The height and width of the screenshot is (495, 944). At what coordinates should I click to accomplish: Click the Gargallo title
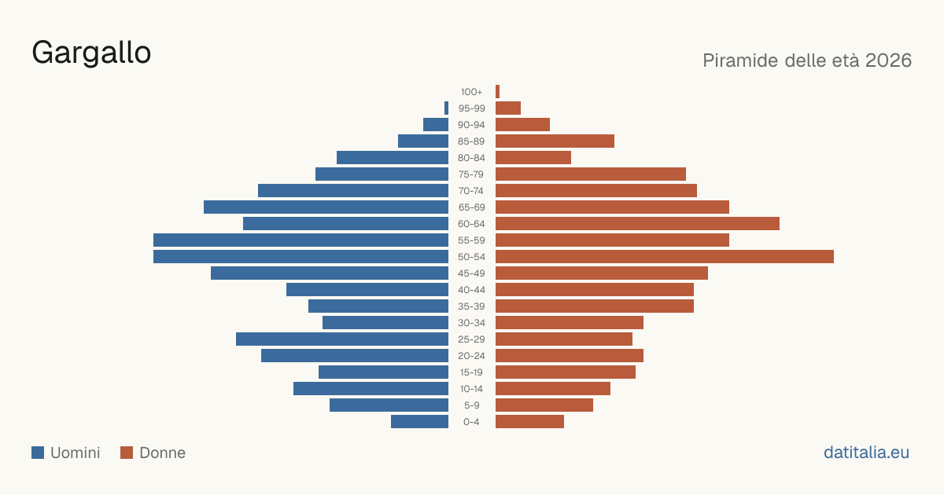[x=91, y=53]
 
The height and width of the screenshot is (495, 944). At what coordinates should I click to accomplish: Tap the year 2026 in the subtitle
[x=888, y=60]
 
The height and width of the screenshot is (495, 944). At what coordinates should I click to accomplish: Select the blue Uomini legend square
[x=38, y=453]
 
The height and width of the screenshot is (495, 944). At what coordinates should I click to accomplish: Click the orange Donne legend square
[x=127, y=453]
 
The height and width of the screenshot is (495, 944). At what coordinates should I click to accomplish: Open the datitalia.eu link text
[x=866, y=453]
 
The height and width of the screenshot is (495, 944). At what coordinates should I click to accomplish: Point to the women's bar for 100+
[x=497, y=92]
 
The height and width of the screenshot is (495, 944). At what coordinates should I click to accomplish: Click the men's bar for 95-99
[x=446, y=108]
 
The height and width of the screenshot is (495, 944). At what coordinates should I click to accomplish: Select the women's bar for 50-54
[x=665, y=257]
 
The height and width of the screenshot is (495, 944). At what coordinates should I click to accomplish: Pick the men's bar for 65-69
[x=326, y=207]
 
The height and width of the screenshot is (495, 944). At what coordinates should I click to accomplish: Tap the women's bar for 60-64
[x=638, y=223]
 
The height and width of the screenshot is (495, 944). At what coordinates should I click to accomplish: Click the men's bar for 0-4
[x=420, y=422]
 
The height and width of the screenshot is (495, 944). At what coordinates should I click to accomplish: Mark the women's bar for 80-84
[x=533, y=157]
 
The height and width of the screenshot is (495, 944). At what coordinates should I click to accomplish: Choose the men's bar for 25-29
[x=342, y=339]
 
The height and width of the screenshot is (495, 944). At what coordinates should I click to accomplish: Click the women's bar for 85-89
[x=555, y=141]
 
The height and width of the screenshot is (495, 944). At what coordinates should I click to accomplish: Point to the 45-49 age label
[x=471, y=273]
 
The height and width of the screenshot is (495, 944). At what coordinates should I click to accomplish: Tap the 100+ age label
[x=471, y=92]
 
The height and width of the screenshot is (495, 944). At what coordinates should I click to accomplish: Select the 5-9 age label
[x=471, y=405]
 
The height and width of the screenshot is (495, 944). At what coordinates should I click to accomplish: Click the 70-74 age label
[x=471, y=191]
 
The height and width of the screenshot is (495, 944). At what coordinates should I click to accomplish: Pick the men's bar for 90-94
[x=436, y=125]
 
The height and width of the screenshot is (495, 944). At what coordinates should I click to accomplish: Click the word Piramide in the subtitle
[x=746, y=60]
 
